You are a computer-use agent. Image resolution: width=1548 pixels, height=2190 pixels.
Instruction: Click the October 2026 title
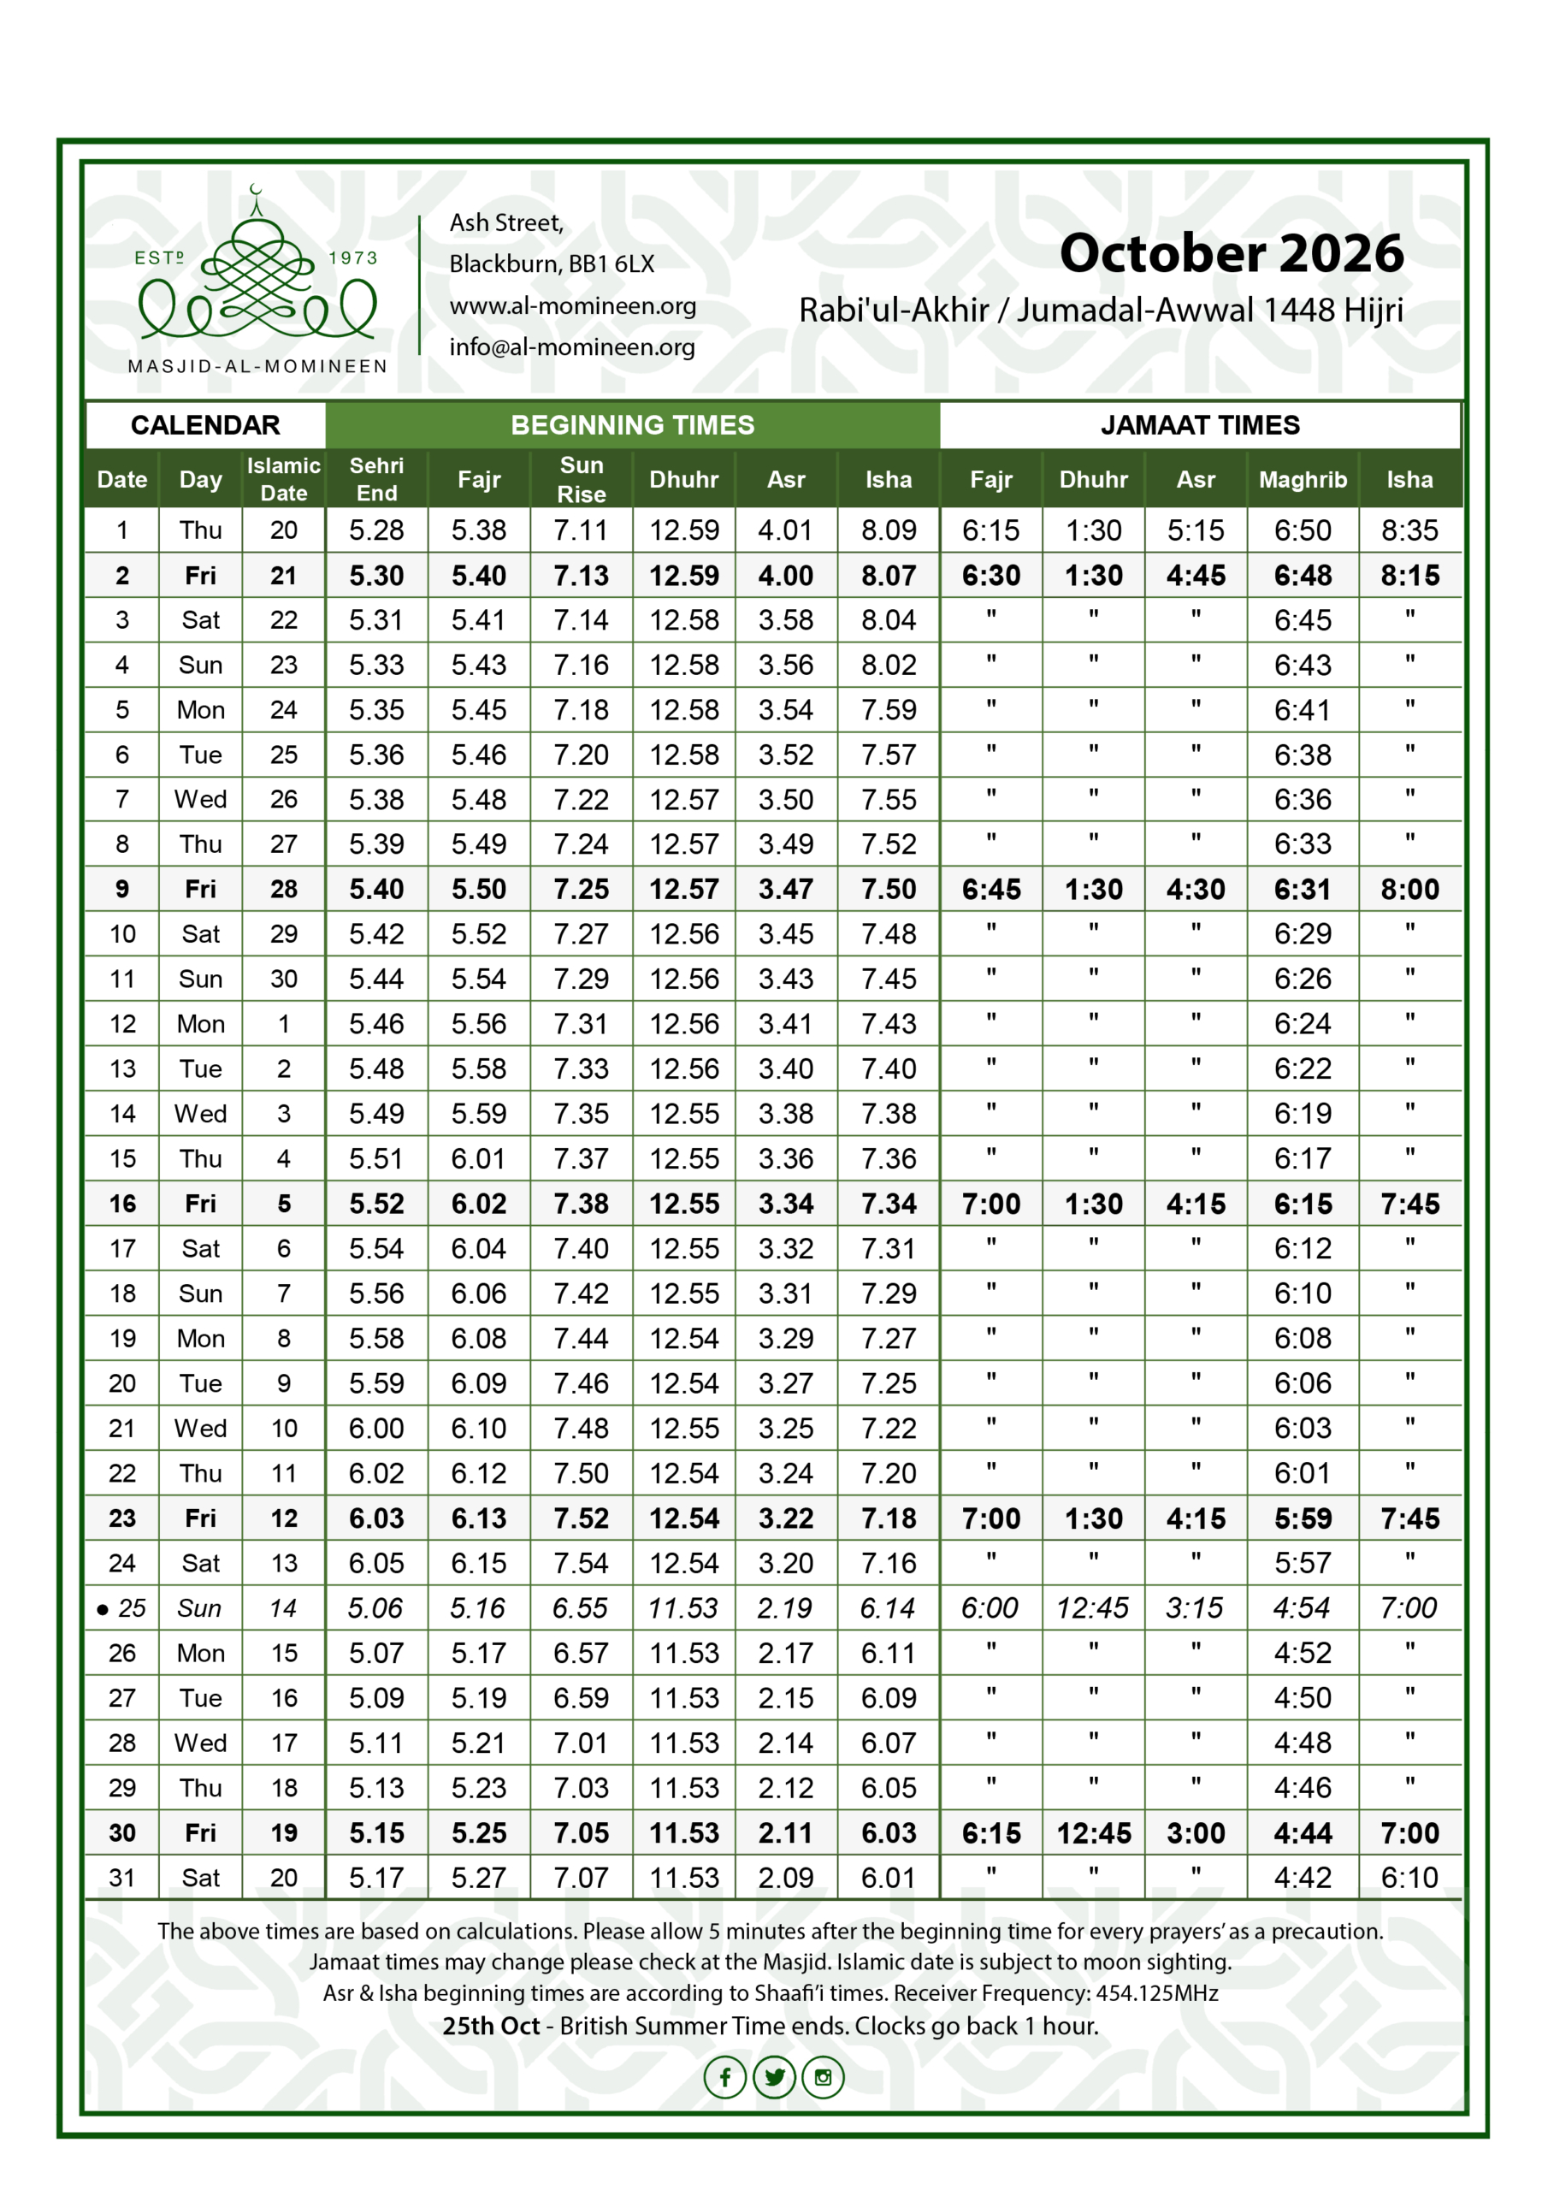coord(1231,254)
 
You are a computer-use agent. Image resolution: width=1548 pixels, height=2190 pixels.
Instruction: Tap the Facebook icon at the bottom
coord(725,2076)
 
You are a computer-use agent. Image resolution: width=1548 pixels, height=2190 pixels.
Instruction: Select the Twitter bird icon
coord(773,2076)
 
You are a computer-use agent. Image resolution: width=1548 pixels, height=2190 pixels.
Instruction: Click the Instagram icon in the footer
coord(823,2076)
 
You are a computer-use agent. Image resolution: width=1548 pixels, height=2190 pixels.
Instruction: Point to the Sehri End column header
coord(377,479)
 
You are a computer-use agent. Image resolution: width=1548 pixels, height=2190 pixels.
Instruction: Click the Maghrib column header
coord(1302,480)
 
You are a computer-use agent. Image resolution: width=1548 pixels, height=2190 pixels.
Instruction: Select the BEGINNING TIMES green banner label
coord(632,425)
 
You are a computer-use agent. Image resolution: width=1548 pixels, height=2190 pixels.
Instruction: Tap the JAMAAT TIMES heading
coord(1199,425)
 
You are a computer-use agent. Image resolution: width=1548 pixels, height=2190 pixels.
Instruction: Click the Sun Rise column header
coord(581,479)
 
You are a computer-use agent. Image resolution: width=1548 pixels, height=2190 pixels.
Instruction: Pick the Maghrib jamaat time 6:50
coord(1302,530)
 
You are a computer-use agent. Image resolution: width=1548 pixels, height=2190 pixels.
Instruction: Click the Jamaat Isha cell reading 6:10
coord(1409,1877)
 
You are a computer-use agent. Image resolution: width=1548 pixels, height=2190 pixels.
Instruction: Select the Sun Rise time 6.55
coord(580,1608)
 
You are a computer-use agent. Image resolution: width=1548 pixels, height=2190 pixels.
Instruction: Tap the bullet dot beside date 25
coord(102,1610)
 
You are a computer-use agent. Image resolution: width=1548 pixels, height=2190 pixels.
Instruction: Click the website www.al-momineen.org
coord(572,306)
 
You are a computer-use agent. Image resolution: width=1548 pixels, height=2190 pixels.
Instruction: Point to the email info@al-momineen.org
coord(572,347)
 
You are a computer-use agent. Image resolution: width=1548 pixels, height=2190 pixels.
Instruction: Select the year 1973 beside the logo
coord(353,258)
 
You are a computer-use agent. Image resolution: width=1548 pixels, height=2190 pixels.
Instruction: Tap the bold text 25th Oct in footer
coord(490,2025)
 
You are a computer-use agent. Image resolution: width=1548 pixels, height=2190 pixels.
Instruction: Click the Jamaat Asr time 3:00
coord(1195,1832)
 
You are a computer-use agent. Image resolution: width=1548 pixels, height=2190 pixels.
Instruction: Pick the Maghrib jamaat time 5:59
coord(1302,1518)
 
